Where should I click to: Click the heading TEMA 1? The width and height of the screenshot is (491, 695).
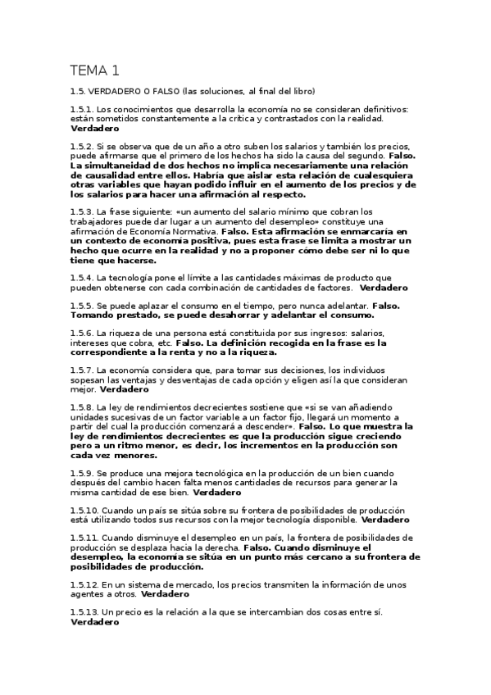tap(94, 70)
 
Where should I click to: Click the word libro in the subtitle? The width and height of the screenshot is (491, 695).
tap(299, 91)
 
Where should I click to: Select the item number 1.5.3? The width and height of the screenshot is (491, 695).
tap(81, 211)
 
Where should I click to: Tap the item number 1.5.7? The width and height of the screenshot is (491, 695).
tap(81, 370)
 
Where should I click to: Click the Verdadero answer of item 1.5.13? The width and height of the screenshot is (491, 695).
tap(95, 622)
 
